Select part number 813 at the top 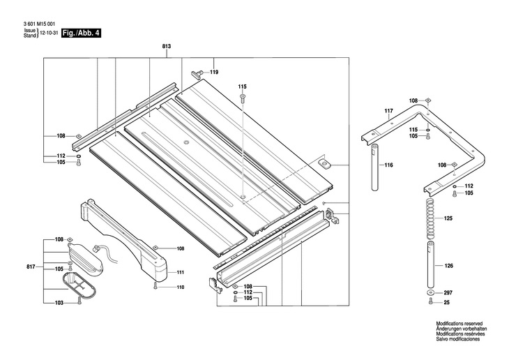pos(167,46)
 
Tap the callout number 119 pos(214,73)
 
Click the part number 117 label pos(389,112)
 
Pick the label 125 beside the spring pos(448,218)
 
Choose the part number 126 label pos(448,265)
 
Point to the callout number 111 pos(180,272)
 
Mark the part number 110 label pos(180,287)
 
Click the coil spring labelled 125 pos(428,218)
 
